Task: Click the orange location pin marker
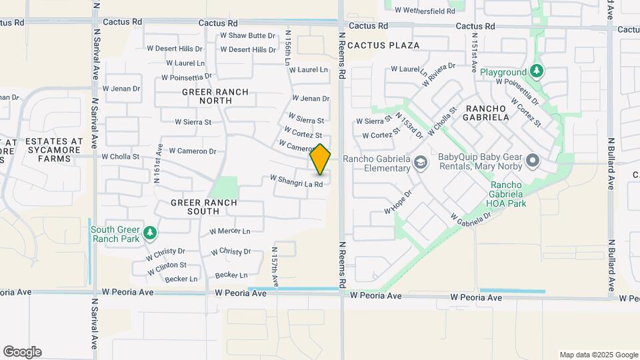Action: click(x=320, y=159)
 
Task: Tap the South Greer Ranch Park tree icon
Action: click(x=151, y=232)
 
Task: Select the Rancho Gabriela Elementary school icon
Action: click(x=420, y=161)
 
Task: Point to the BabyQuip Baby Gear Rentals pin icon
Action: click(x=532, y=161)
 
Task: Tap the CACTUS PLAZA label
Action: click(x=383, y=45)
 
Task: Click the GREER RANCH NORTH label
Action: click(x=215, y=96)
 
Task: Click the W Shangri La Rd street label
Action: click(x=296, y=181)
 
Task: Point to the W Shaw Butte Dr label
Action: click(x=247, y=35)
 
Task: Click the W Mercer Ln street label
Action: click(x=229, y=232)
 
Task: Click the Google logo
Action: click(x=22, y=352)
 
